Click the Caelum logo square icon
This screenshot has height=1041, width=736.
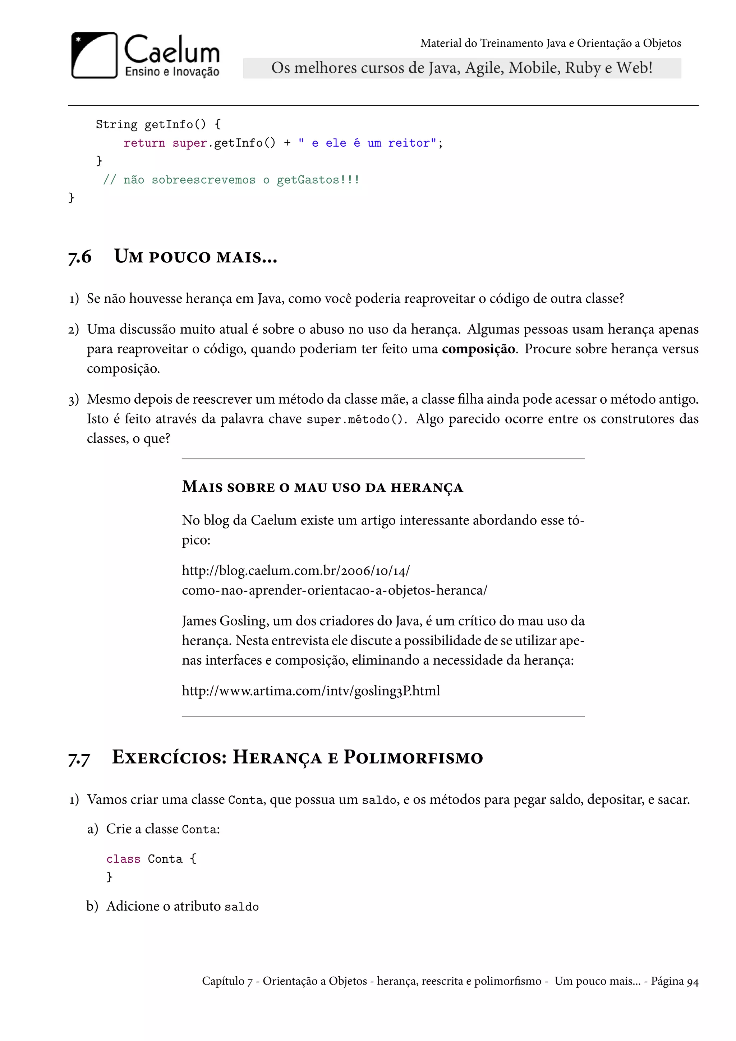click(x=94, y=55)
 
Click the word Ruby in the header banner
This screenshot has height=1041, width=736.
click(x=582, y=68)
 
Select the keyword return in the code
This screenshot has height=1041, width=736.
click(x=144, y=143)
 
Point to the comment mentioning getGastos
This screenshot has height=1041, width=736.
click(x=231, y=180)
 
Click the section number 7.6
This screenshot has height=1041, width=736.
click(x=80, y=257)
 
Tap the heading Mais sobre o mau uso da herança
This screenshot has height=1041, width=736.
click(x=322, y=487)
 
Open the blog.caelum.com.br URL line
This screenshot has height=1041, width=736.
click(x=295, y=570)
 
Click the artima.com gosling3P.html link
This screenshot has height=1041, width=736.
click(x=311, y=691)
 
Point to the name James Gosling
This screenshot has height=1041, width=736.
click(x=224, y=621)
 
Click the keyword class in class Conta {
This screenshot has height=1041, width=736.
click(x=123, y=859)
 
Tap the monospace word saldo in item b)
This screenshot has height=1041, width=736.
click(x=241, y=907)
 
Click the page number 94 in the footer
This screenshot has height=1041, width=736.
click(x=693, y=981)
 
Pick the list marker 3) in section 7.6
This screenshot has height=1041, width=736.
click(x=73, y=400)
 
